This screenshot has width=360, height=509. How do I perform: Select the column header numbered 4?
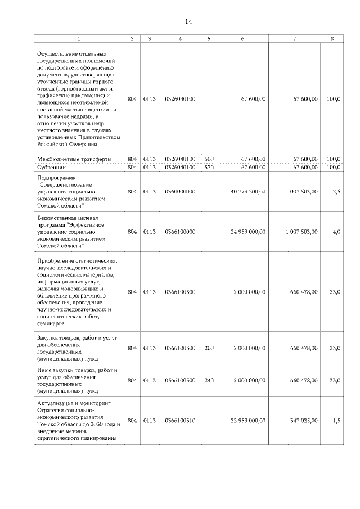(x=180, y=39)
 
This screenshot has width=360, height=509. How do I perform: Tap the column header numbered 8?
(x=332, y=39)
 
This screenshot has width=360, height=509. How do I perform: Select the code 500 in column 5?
(x=209, y=159)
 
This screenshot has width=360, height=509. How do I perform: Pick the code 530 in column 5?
(x=209, y=167)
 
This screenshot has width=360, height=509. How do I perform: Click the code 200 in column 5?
(x=209, y=348)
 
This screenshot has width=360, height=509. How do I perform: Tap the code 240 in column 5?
(x=209, y=380)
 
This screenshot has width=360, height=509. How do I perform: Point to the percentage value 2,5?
(x=336, y=191)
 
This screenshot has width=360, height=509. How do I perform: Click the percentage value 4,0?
(x=336, y=231)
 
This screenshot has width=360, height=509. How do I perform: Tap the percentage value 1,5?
(x=336, y=421)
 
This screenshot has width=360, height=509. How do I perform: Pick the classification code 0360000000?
(x=180, y=191)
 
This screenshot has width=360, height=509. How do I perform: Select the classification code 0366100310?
(x=180, y=421)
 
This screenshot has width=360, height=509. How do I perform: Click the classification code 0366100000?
(x=180, y=231)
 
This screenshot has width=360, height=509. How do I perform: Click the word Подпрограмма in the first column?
(x=55, y=177)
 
